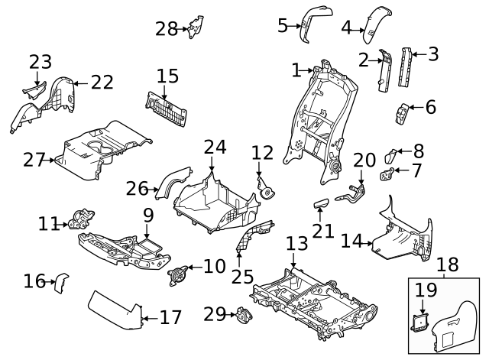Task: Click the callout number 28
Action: [x=167, y=29]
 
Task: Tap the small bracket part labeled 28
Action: [x=196, y=27]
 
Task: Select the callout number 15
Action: [x=167, y=76]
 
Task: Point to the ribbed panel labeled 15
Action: [x=166, y=109]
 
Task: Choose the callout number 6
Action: [x=431, y=107]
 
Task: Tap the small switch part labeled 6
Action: [x=402, y=114]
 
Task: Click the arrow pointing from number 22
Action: [x=81, y=83]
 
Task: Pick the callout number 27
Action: [x=34, y=160]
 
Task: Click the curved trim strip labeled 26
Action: [x=173, y=183]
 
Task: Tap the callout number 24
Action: [x=215, y=148]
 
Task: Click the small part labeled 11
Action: [x=82, y=219]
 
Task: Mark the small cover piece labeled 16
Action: [x=61, y=283]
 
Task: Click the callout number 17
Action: [x=170, y=317]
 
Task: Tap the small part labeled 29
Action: [x=244, y=316]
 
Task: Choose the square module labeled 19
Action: [x=420, y=323]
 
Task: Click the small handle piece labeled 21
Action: [x=321, y=203]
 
